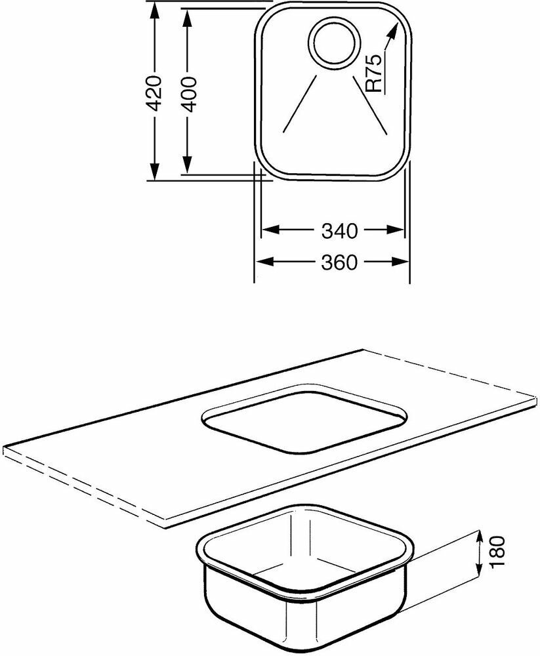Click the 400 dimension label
pyautogui.click(x=189, y=94)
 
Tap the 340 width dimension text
pyautogui.click(x=339, y=230)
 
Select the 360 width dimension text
pyautogui.click(x=339, y=263)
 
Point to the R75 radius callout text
pyautogui.click(x=374, y=73)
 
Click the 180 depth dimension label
pyautogui.click(x=498, y=551)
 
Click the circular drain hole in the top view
pyautogui.click(x=334, y=42)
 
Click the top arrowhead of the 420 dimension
pyautogui.click(x=154, y=12)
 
